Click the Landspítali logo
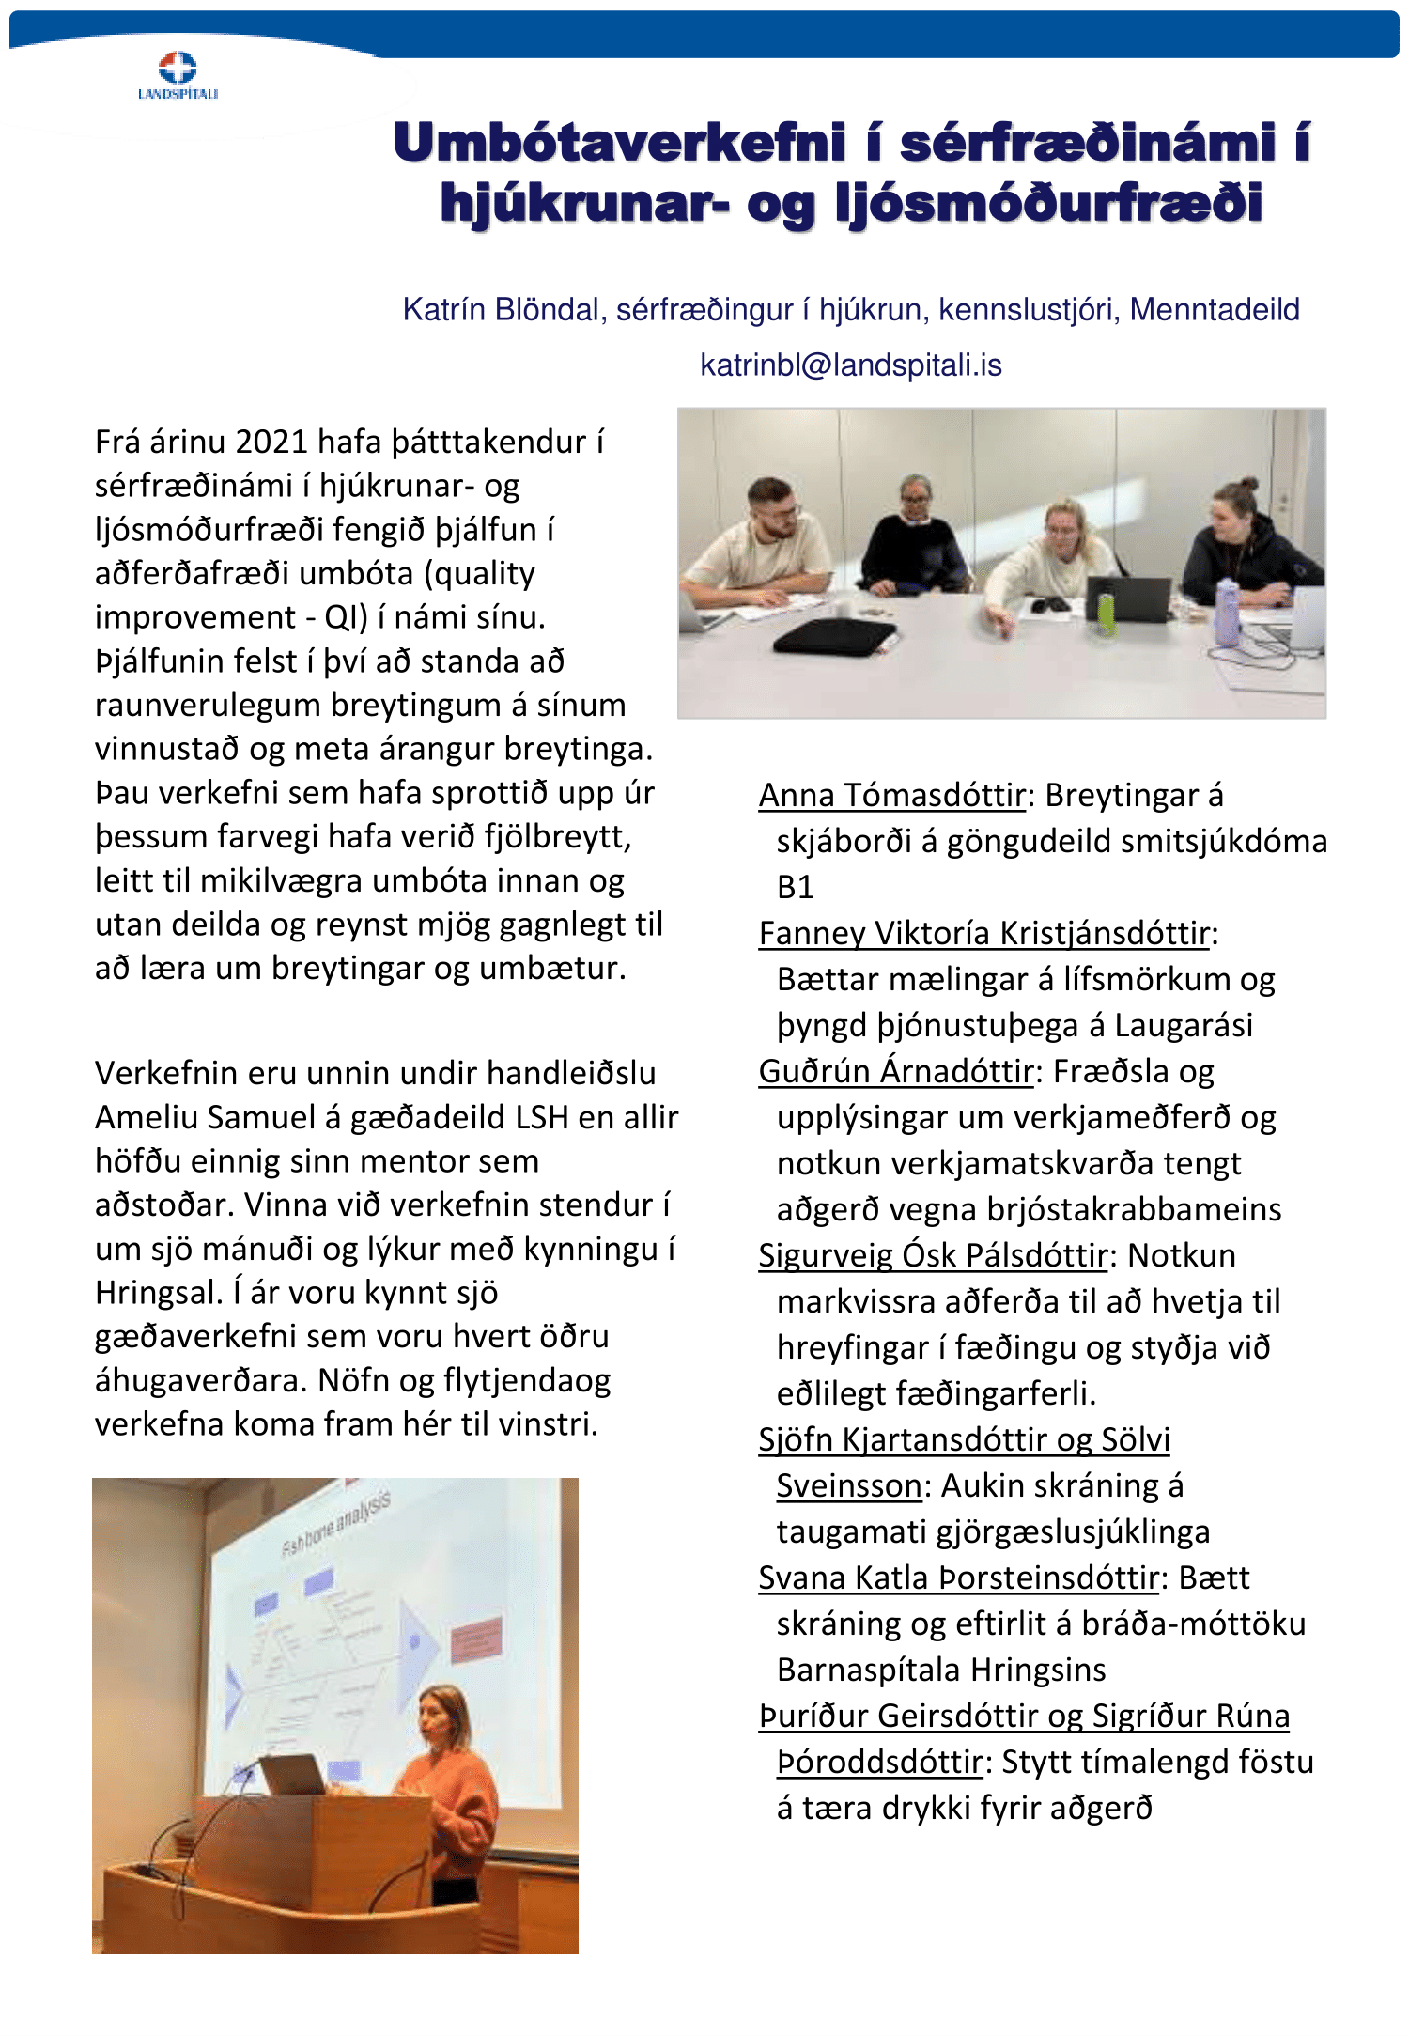click(178, 75)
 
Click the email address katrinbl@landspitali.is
click(850, 365)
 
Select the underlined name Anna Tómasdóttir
click(891, 795)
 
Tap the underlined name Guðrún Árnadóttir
click(895, 1071)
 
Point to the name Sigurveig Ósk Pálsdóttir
click(933, 1255)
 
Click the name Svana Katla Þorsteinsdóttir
click(958, 1578)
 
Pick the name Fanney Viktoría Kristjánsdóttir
click(983, 933)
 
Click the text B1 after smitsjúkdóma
click(795, 887)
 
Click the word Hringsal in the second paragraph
click(154, 1293)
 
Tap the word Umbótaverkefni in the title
click(620, 143)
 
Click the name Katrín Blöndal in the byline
click(501, 309)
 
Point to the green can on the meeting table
click(1107, 612)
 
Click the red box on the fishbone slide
click(476, 1640)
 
